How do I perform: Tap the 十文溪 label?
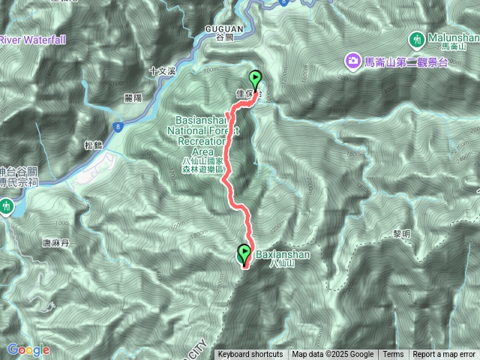161,71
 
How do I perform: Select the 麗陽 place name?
133,97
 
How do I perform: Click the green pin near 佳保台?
255,79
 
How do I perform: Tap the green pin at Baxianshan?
244,254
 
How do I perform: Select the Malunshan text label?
454,37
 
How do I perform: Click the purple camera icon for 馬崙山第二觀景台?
352,61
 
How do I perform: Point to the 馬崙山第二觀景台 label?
405,61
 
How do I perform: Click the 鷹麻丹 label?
55,243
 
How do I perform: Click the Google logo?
28,349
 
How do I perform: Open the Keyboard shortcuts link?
250,355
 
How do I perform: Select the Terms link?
392,355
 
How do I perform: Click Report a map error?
445,355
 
